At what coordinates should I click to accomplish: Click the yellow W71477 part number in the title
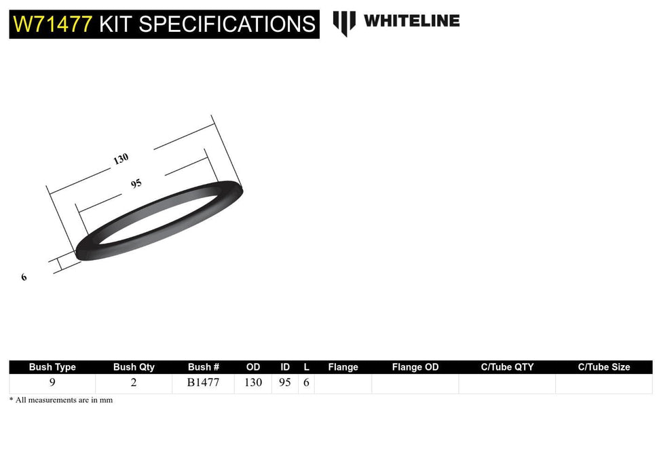(53, 24)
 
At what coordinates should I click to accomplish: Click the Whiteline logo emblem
(344, 22)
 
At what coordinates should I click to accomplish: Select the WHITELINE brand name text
(411, 20)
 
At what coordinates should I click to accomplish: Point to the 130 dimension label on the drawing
(121, 159)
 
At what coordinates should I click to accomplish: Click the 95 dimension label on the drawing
(136, 183)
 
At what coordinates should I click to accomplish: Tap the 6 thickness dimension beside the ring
(24, 277)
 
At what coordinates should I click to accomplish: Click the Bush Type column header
(52, 367)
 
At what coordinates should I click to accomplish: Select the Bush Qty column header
(134, 367)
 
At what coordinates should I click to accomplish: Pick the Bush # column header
(204, 367)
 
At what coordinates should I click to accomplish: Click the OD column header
(253, 367)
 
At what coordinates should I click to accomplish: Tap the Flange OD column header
(415, 367)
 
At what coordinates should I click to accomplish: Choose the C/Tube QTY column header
(507, 367)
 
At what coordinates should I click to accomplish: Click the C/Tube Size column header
(604, 367)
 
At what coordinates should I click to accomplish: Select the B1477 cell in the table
(204, 383)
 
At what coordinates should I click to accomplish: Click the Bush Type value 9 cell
(52, 383)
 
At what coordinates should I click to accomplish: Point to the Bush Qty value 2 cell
(134, 383)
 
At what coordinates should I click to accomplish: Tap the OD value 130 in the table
(253, 383)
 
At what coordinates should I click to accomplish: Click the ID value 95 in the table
(285, 383)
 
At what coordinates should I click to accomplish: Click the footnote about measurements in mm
(61, 400)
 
